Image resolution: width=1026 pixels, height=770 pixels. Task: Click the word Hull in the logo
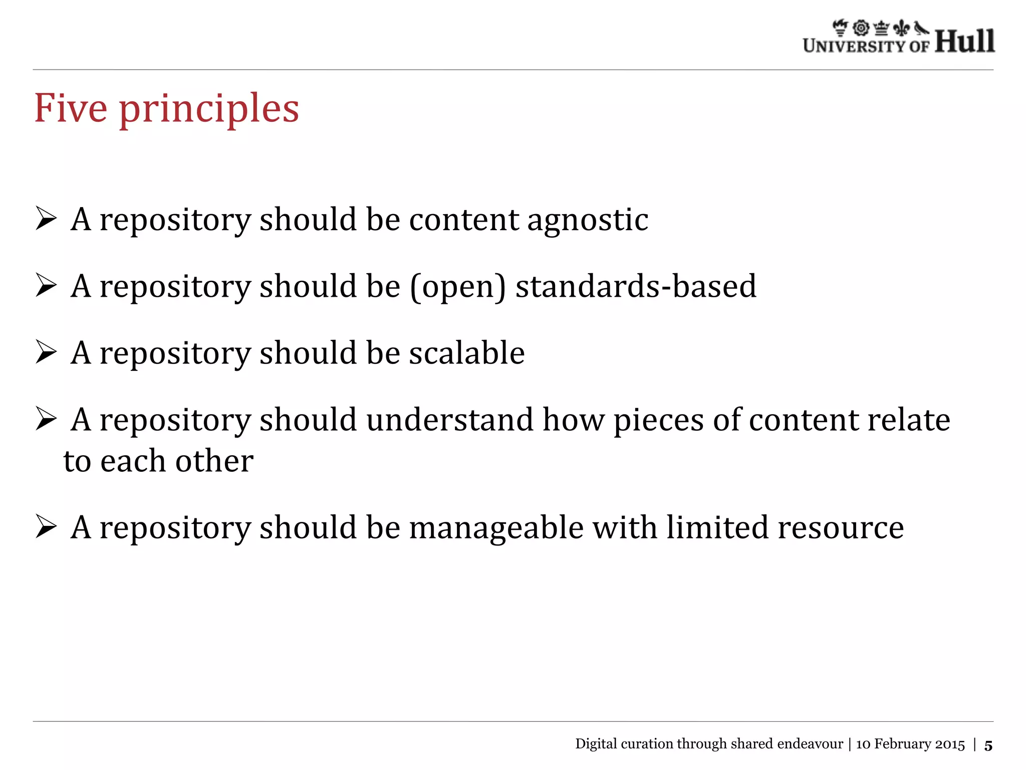(964, 41)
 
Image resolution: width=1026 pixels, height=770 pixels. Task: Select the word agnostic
(588, 221)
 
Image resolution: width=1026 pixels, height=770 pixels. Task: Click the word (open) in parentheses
(458, 287)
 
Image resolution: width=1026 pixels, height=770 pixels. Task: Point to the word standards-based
(636, 286)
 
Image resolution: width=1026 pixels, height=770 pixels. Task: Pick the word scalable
(467, 353)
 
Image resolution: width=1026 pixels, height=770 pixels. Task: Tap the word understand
(449, 420)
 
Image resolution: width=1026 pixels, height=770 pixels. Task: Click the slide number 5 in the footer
(988, 745)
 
